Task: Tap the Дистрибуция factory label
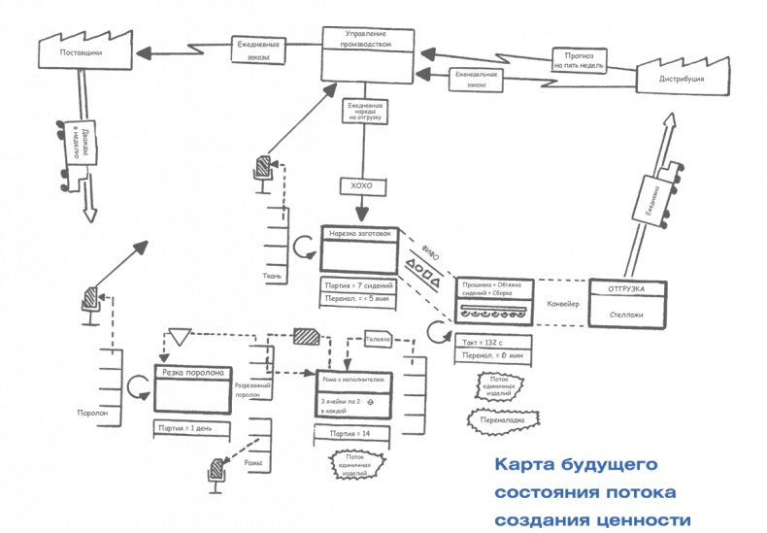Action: coord(681,78)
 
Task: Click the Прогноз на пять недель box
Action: coord(580,59)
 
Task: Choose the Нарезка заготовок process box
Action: coord(360,250)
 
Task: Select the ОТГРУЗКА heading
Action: coord(630,290)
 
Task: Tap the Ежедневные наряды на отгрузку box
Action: coord(365,111)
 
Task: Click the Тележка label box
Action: coord(379,340)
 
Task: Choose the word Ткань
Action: coord(273,276)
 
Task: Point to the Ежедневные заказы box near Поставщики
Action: coord(260,50)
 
